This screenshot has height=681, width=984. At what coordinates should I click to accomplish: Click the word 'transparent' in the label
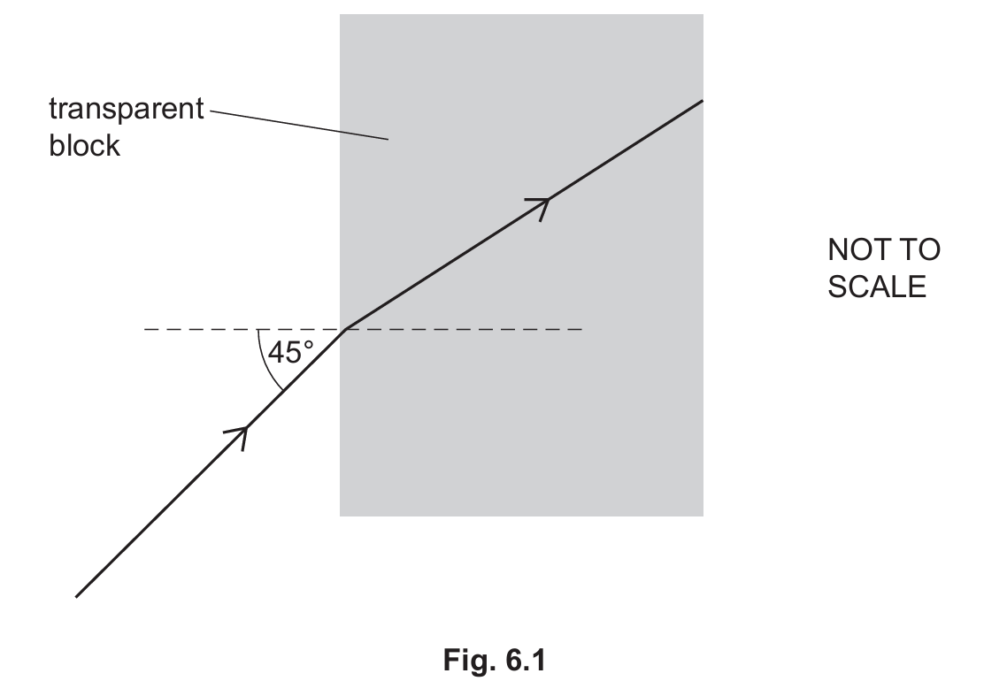tap(127, 110)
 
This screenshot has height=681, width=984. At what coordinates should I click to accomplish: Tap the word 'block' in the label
tap(85, 145)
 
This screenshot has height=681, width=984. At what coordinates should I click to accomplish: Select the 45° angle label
tap(290, 352)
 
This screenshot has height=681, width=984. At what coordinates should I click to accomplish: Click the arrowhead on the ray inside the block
tap(541, 206)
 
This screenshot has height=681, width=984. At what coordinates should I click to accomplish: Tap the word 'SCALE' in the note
tap(877, 287)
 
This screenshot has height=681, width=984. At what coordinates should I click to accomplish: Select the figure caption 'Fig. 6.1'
tap(495, 660)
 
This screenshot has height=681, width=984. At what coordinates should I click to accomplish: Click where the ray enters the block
tap(346, 329)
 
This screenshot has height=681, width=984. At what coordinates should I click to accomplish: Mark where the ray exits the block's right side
tap(703, 100)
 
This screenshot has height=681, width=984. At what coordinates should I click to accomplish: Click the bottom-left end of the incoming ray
tap(76, 597)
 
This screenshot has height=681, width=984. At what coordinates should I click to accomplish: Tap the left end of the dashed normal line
tap(144, 329)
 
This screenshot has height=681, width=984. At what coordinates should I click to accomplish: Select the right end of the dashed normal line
tap(582, 329)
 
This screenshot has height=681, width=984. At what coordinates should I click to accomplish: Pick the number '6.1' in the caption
tap(523, 660)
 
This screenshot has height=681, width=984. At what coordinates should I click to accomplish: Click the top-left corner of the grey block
tap(340, 14)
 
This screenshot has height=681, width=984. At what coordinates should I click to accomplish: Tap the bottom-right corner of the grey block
tap(703, 516)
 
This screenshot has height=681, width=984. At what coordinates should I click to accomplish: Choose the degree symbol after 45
tap(308, 345)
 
